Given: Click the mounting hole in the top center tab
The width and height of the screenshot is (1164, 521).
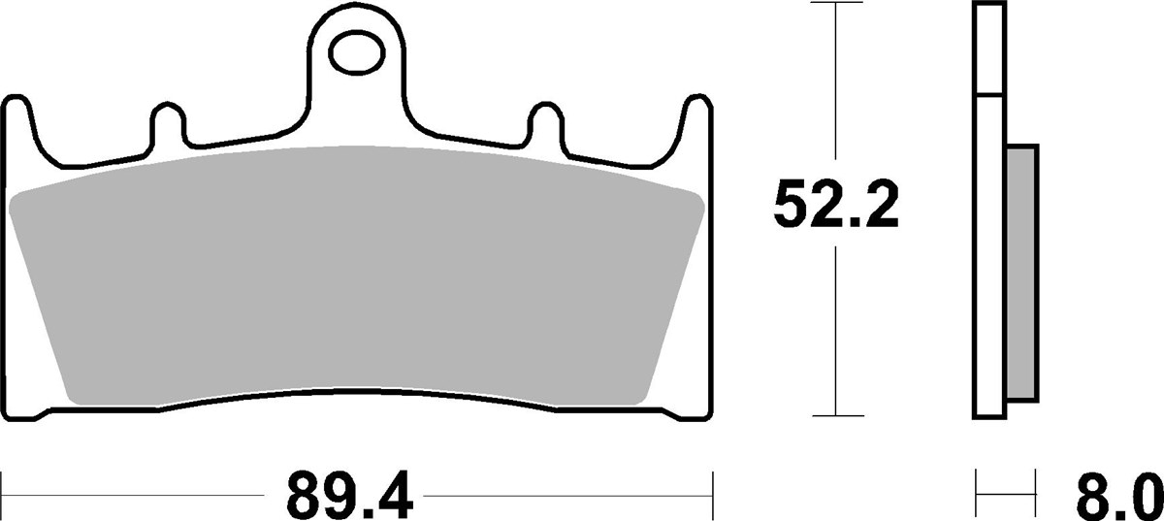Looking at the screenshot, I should point(355,52).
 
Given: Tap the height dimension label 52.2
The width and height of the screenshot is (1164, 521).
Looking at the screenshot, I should point(836,205).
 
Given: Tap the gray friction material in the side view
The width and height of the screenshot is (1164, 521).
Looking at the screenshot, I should point(1022,273).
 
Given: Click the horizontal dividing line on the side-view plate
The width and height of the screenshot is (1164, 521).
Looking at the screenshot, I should point(988,95).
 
